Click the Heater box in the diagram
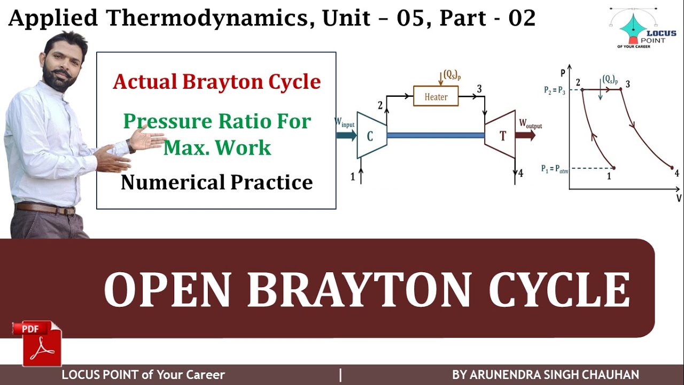436,97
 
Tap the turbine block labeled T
501,135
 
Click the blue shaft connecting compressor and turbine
436,135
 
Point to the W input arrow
346,135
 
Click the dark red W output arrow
526,135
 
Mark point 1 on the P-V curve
613,168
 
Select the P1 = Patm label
555,169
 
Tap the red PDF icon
38,343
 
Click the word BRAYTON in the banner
359,291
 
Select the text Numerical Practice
216,182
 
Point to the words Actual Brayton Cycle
216,82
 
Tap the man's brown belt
45,208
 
